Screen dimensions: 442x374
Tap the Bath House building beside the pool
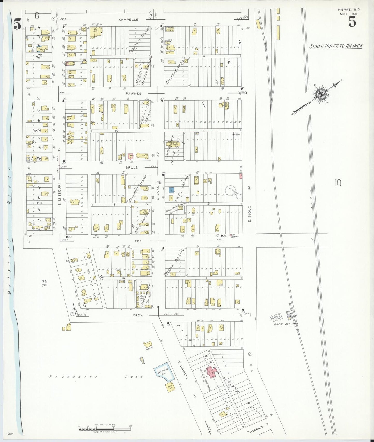[170, 387]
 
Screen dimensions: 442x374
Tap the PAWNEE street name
[134, 93]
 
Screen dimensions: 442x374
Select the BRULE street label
[132, 167]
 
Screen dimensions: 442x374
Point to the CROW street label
[138, 315]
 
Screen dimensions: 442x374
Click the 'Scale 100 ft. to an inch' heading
[336, 46]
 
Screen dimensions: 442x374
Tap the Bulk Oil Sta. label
[286, 324]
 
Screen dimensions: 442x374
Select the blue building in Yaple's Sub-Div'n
[171, 190]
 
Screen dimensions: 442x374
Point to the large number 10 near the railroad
[338, 183]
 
